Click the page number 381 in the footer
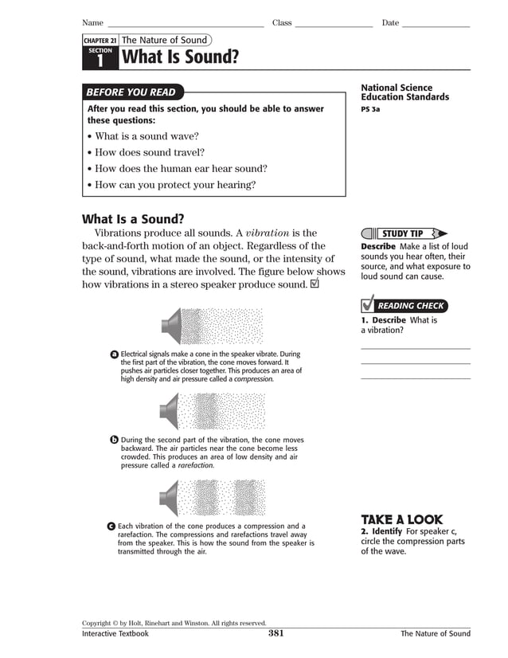click(275, 634)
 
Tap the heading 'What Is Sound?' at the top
click(179, 57)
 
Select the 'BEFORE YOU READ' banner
click(131, 92)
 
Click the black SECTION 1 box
click(100, 57)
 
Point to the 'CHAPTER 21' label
click(100, 41)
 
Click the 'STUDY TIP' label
click(405, 233)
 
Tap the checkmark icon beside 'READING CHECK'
click(367, 304)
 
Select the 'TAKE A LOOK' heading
click(401, 519)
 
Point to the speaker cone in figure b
click(170, 412)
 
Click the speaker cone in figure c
click(170, 499)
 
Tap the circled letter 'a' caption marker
click(115, 354)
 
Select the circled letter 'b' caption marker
click(114, 440)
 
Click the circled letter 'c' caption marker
click(111, 527)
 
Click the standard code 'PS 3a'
click(370, 109)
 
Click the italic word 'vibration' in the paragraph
click(269, 233)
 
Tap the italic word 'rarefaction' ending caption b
click(195, 466)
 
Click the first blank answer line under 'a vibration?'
click(415, 349)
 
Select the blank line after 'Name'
click(185, 26)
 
